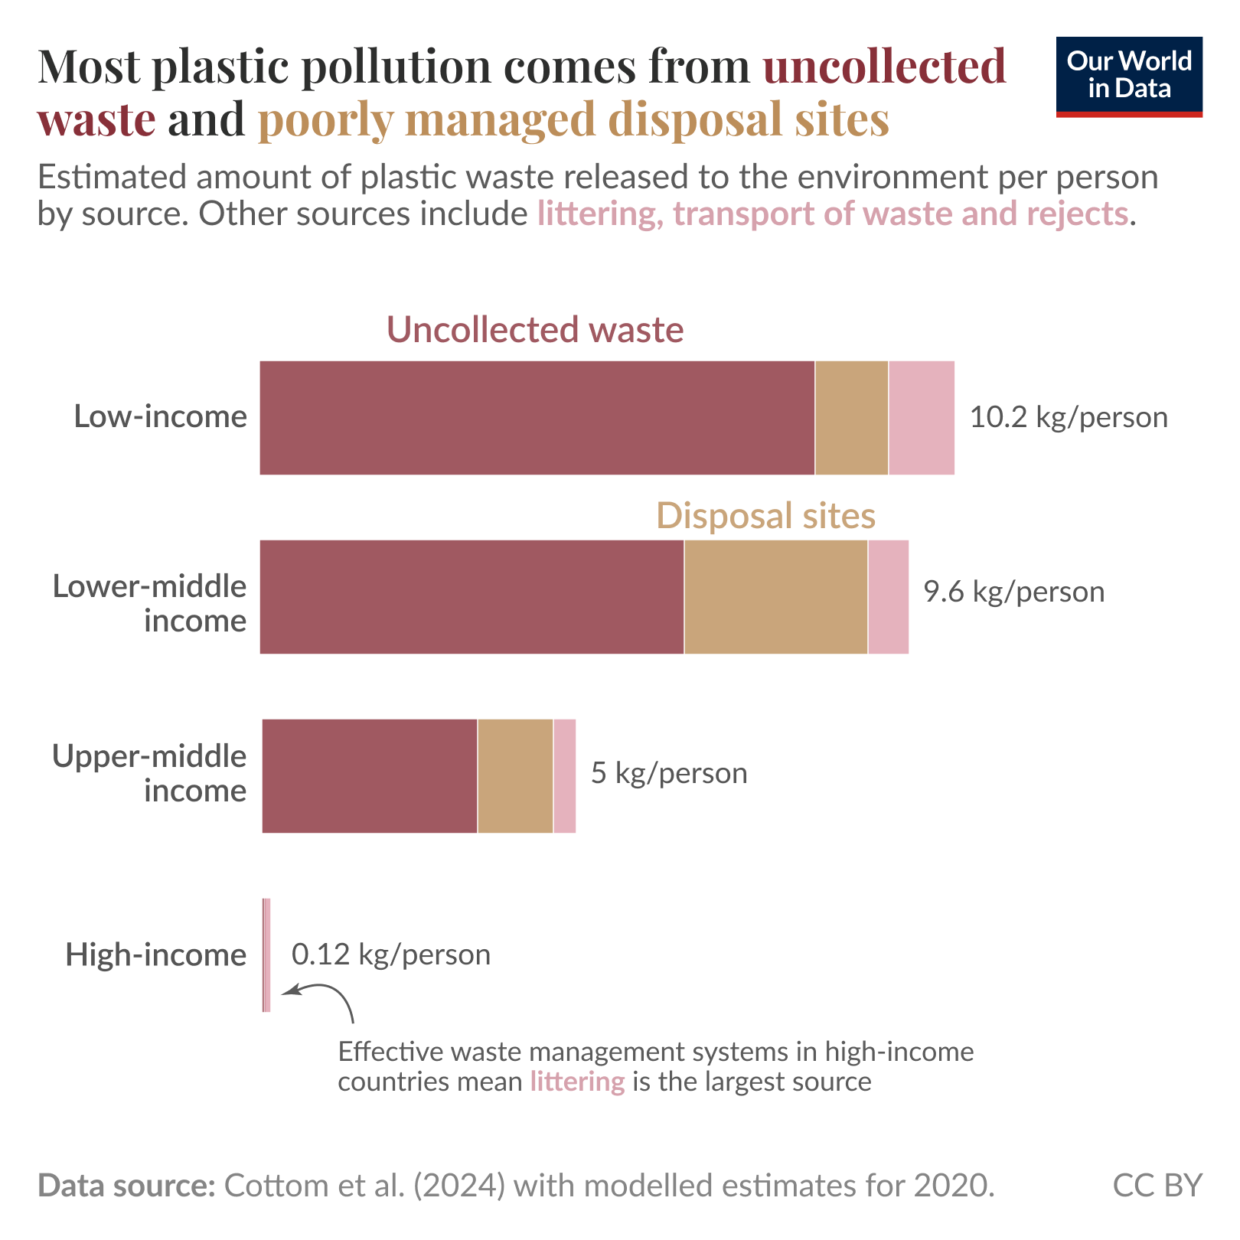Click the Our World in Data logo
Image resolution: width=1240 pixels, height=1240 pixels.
(1128, 77)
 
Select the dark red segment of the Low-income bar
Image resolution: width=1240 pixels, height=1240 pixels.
(537, 418)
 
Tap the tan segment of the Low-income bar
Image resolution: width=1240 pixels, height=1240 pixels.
(851, 418)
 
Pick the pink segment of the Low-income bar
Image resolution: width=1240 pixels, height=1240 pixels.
(921, 418)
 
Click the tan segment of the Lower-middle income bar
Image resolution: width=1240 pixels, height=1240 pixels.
(775, 597)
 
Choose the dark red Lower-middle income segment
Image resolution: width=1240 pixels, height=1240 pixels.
(472, 597)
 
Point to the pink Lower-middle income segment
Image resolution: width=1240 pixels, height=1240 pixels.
(888, 597)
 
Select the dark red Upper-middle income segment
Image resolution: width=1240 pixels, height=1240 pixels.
(369, 776)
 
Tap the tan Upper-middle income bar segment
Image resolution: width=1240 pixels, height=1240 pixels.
(515, 776)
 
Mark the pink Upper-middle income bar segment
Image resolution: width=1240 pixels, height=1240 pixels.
(564, 776)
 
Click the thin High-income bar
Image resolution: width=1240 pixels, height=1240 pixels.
(266, 955)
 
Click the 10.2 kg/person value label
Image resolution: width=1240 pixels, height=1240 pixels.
(1069, 418)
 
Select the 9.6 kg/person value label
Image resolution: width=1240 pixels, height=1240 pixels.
(1014, 592)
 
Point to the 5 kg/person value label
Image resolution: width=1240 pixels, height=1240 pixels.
(669, 774)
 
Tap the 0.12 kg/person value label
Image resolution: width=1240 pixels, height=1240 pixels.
(391, 955)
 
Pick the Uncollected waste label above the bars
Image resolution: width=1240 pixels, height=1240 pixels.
(535, 330)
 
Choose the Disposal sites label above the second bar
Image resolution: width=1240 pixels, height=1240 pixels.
(765, 516)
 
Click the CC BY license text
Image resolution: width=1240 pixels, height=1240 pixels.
(1157, 1186)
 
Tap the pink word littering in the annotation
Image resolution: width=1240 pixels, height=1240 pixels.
(577, 1082)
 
